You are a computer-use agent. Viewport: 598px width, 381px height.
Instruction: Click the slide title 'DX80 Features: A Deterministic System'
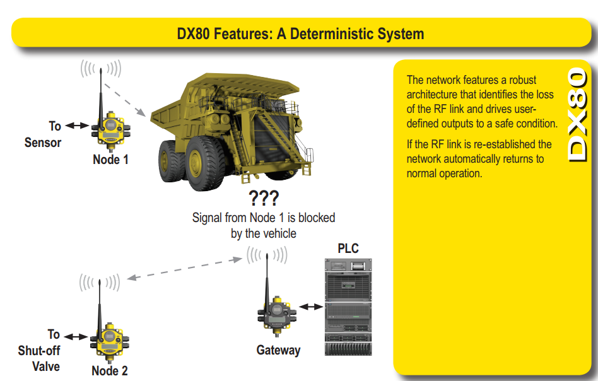coord(300,33)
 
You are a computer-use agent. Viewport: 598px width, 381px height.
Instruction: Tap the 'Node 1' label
coord(110,160)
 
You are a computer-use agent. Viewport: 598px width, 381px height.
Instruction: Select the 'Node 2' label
coord(110,370)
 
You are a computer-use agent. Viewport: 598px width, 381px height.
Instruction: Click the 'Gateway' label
coord(278,350)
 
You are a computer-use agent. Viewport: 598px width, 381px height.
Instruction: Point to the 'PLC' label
coord(348,248)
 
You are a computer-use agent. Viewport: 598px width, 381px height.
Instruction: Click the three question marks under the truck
coord(264,199)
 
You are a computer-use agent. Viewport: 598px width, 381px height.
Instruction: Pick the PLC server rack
coord(348,306)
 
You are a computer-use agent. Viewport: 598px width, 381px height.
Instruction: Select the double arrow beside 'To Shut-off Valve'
coord(76,337)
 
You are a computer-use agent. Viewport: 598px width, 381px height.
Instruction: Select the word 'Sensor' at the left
coord(43,143)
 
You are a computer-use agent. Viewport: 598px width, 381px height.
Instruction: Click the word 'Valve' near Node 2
coord(46,366)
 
